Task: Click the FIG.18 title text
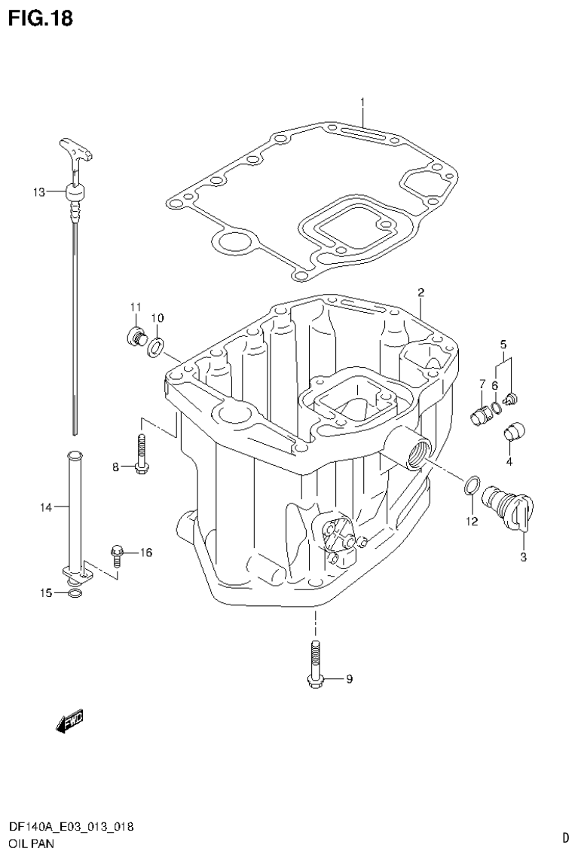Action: (41, 19)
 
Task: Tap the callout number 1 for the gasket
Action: (362, 102)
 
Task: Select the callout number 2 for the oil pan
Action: (421, 292)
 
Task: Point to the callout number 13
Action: (39, 192)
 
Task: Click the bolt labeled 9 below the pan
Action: (316, 663)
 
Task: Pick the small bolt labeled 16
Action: (118, 556)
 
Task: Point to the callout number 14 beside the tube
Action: (45, 508)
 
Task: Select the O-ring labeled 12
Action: (469, 487)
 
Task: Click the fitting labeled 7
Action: (478, 414)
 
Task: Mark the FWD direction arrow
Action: (69, 721)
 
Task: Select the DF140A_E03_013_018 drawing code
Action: (71, 827)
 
